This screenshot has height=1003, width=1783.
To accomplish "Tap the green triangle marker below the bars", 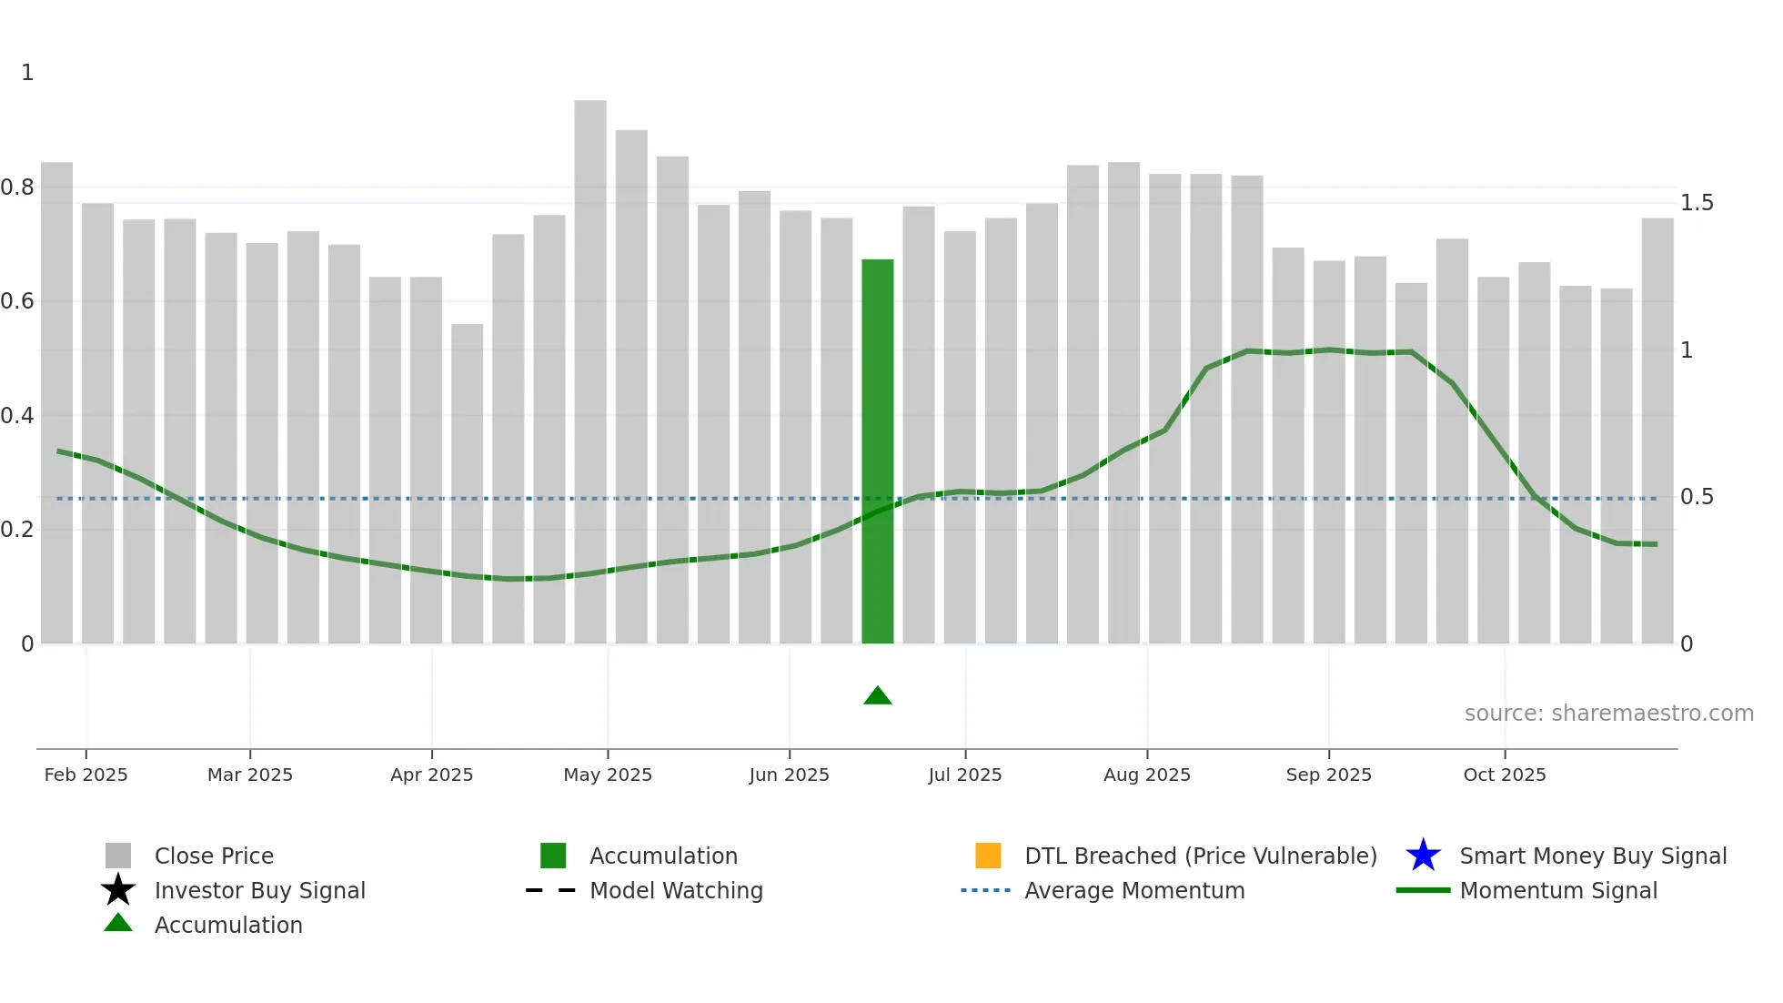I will (x=877, y=696).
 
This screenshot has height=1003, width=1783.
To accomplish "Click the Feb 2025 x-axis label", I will (x=86, y=775).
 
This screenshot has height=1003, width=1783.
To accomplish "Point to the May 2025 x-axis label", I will (x=608, y=775).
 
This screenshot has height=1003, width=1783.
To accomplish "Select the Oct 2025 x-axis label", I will (x=1505, y=775).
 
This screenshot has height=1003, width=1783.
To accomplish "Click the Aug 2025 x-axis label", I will (x=1146, y=775).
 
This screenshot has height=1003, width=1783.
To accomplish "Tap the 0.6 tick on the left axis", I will (x=17, y=301).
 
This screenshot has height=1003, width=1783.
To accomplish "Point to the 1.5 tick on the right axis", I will (x=1697, y=203).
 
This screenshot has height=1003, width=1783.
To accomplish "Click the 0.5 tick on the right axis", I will (x=1697, y=497).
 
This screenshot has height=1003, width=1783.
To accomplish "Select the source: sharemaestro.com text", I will (x=1608, y=714).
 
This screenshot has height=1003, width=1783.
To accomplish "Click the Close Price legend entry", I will (x=214, y=856).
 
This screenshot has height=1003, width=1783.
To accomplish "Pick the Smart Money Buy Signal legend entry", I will (x=1592, y=856).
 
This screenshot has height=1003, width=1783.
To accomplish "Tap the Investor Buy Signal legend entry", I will (x=259, y=890).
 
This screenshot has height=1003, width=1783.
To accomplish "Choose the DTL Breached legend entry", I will (x=1200, y=856).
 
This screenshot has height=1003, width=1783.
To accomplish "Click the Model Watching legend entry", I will (x=676, y=890).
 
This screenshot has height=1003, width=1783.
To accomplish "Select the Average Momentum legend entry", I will (x=1133, y=890).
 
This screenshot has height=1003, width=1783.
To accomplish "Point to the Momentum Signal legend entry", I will (x=1557, y=890).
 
